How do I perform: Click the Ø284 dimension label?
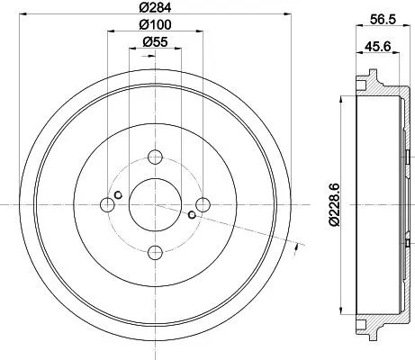155,7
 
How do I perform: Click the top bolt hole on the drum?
155,154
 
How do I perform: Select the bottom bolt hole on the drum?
155,251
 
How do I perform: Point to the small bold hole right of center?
192,215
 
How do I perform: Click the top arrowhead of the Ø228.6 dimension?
342,97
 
